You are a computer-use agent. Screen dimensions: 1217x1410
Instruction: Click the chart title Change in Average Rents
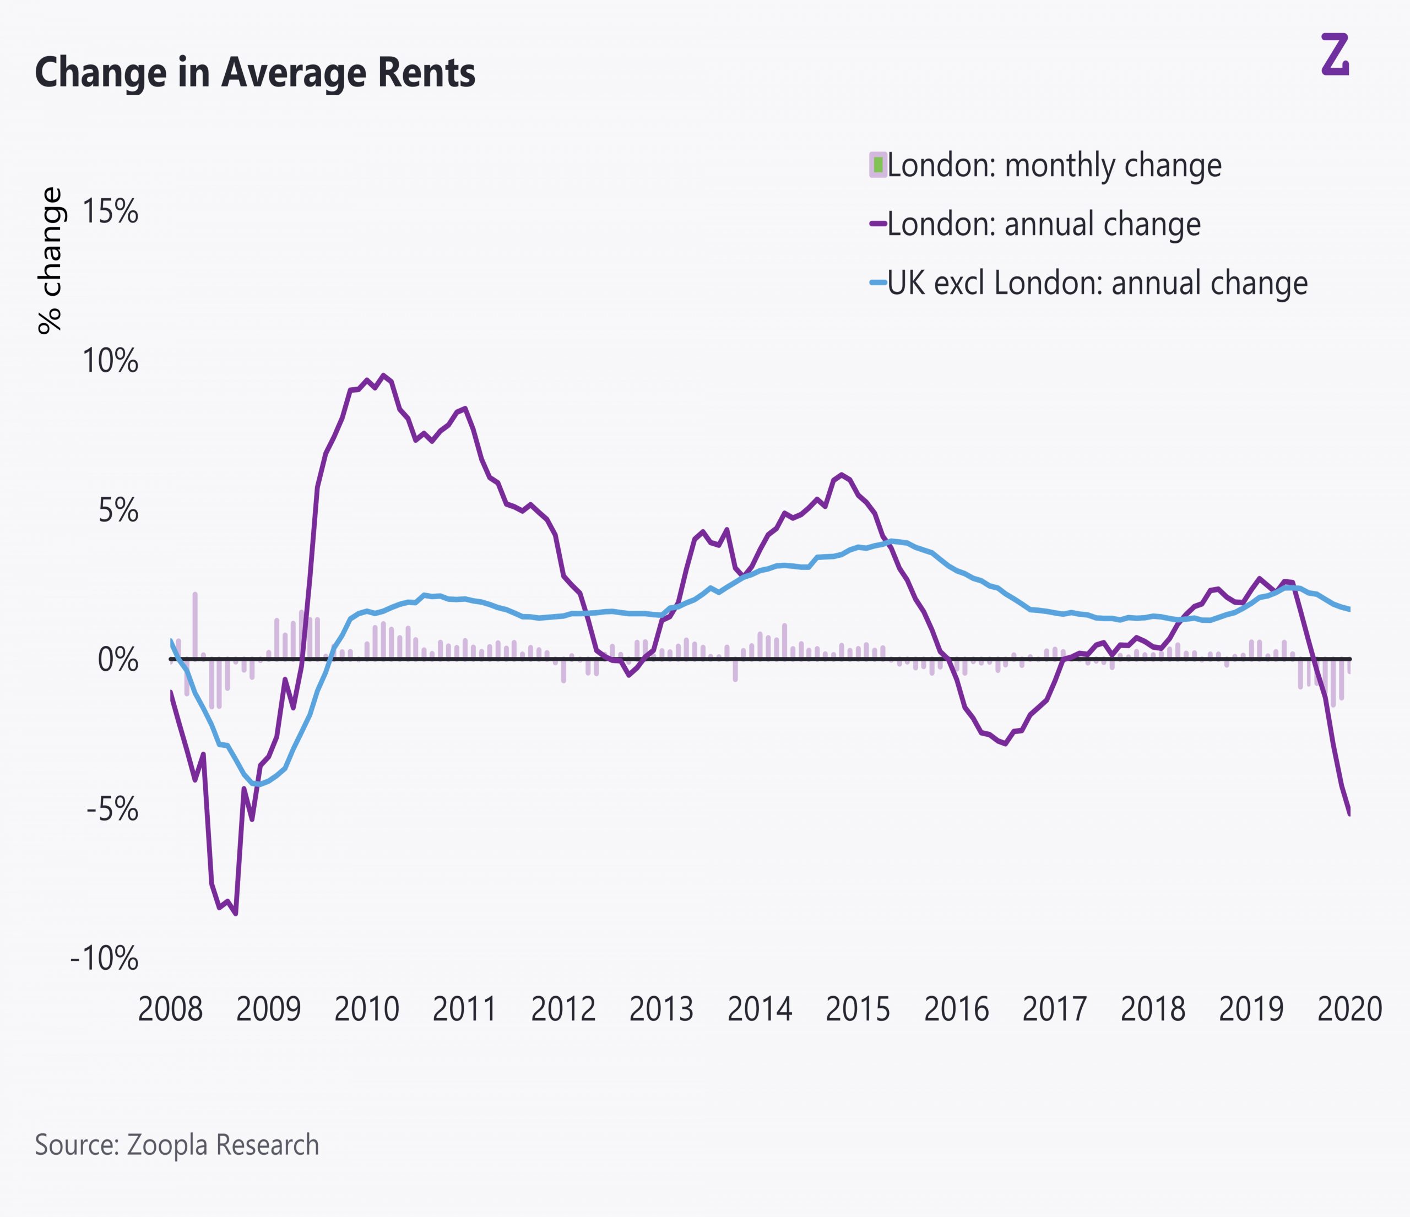coord(254,73)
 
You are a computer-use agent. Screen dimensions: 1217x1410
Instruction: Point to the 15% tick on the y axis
coord(110,212)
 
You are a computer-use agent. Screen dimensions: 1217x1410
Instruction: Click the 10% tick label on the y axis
coord(110,361)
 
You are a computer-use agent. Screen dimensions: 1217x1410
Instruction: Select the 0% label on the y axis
coord(118,660)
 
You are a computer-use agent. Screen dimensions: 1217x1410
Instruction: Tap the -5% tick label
coord(112,809)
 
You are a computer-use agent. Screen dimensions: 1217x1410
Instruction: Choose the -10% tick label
coord(104,959)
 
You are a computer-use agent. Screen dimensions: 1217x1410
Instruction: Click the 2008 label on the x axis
coord(170,1009)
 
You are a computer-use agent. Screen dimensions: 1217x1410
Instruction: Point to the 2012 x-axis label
coord(563,1009)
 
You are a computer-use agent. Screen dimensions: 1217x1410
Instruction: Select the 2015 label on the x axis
coord(858,1009)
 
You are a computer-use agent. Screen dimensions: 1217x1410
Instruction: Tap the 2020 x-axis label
coord(1349,1009)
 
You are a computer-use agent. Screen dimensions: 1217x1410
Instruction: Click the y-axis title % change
coord(50,260)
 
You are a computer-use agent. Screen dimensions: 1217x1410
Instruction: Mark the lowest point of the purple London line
coord(235,914)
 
